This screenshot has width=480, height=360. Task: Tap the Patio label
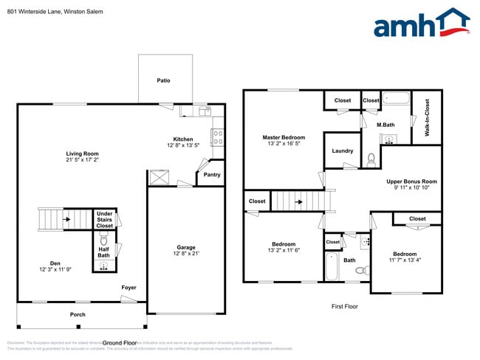[165, 80]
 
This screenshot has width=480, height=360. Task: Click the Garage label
[185, 248]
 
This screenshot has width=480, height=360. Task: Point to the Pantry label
[211, 175]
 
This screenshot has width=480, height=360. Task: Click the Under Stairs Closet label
[105, 220]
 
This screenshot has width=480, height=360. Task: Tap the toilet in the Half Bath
[103, 240]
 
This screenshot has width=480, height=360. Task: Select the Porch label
[78, 314]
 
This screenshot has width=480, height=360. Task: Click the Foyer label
[129, 288]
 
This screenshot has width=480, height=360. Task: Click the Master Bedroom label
[284, 137]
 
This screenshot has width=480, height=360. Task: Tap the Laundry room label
[342, 150]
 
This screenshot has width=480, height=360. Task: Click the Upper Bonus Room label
[412, 181]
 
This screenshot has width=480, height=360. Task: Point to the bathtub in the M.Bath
[397, 98]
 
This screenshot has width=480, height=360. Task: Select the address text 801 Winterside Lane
[34, 12]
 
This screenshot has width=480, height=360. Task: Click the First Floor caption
[343, 305]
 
